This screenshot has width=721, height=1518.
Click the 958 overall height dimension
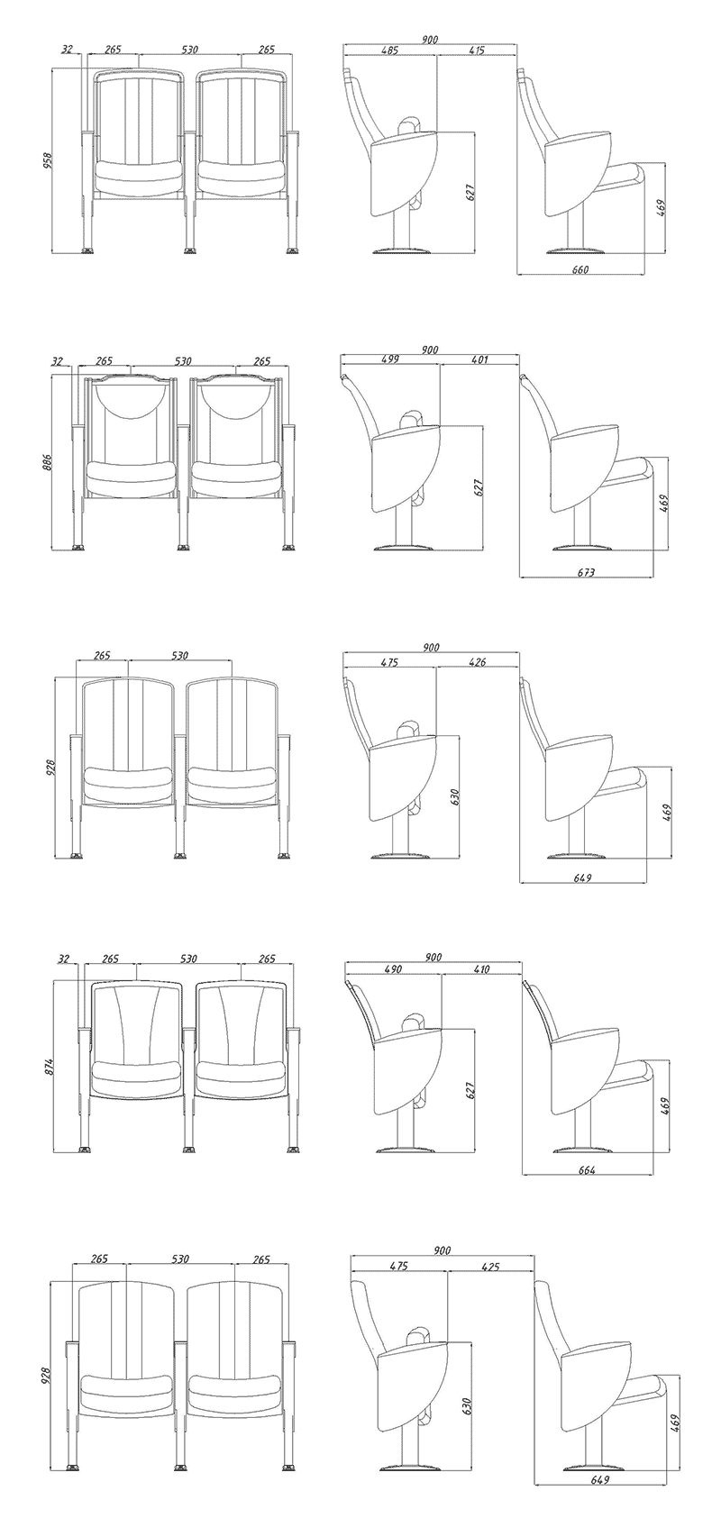(48, 161)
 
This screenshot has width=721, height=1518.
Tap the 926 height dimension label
(50, 768)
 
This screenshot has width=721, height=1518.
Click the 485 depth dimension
(389, 50)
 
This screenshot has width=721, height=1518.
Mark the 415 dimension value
(477, 50)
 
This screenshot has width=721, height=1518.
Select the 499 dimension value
(390, 359)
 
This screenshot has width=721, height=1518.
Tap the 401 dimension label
(479, 359)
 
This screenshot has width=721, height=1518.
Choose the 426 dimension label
(477, 662)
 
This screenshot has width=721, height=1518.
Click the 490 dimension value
(393, 969)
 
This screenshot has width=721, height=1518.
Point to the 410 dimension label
(481, 969)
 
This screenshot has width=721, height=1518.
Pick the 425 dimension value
(490, 1266)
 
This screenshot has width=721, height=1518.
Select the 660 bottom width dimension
(580, 269)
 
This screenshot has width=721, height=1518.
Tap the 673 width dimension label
(587, 573)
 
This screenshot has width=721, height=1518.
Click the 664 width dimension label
(588, 1170)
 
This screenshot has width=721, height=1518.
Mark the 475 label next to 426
(389, 662)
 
